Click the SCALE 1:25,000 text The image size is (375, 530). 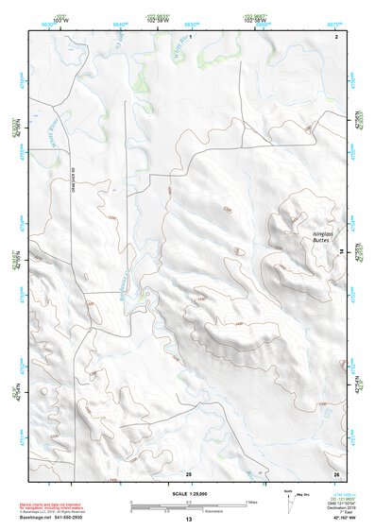click(187, 493)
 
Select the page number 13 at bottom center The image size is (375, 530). click(188, 520)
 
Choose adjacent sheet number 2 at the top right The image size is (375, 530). click(336, 35)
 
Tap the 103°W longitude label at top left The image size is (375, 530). click(63, 18)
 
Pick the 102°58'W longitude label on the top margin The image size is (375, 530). click(256, 18)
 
